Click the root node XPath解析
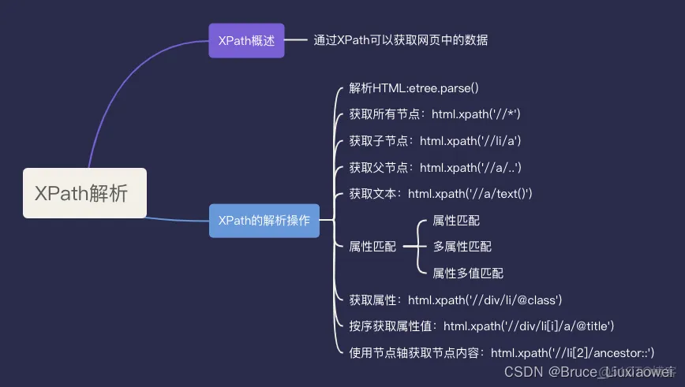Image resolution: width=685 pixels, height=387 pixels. [84, 193]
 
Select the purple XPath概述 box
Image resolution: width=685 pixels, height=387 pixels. [245, 40]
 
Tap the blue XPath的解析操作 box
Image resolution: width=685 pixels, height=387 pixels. [264, 221]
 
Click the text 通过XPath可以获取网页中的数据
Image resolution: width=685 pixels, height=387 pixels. [401, 40]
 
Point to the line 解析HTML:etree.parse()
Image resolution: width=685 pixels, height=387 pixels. [414, 88]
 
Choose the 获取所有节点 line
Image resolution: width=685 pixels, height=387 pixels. [434, 114]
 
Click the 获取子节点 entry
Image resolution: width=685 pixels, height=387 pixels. [435, 141]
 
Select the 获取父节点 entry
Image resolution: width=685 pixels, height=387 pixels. [435, 167]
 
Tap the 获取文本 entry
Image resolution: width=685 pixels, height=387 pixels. [440, 193]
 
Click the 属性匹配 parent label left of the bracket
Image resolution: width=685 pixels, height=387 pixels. [372, 246]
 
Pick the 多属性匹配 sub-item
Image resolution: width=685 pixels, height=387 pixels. [462, 246]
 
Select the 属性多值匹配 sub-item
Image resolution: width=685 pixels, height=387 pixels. [468, 273]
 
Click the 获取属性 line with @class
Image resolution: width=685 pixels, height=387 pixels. [455, 300]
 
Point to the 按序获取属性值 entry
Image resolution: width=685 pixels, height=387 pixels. [481, 326]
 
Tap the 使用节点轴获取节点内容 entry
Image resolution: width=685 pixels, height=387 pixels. [501, 352]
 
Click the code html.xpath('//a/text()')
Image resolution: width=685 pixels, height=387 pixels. [470, 193]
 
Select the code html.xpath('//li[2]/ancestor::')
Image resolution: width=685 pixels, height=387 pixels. [572, 352]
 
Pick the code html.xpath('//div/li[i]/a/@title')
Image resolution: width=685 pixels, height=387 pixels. [528, 326]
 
